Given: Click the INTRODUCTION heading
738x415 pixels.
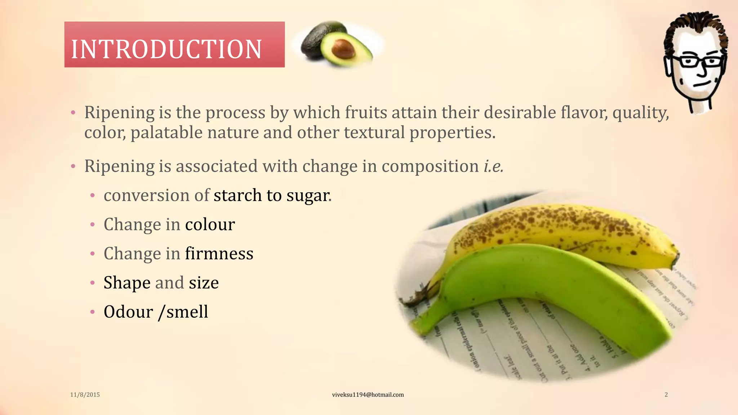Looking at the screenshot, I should click(166, 49).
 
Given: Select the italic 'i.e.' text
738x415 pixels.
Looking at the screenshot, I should click(493, 166).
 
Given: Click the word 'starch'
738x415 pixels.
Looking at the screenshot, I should click(237, 195).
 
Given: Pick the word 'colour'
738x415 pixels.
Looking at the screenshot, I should click(210, 224).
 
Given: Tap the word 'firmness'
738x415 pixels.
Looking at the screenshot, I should click(219, 254).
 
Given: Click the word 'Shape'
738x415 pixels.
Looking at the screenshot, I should click(127, 283).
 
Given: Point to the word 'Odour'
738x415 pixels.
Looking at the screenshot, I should click(128, 312).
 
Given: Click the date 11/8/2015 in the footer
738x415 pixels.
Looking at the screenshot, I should click(85, 395).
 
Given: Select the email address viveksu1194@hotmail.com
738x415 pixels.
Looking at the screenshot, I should click(368, 395).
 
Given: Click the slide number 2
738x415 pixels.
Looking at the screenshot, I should click(666, 395).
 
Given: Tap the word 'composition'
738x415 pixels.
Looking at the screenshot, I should click(430, 166).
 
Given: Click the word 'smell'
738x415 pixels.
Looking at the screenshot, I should click(187, 312).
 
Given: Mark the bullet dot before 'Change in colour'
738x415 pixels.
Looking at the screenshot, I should click(93, 225).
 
